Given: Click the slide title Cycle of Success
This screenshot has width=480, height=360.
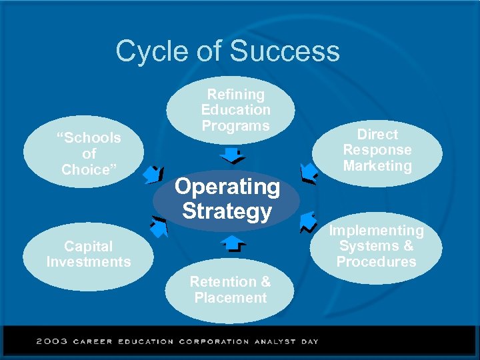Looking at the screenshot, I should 227,51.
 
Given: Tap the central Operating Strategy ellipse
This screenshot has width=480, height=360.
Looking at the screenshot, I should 227,199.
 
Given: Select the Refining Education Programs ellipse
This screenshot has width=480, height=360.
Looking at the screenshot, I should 235,110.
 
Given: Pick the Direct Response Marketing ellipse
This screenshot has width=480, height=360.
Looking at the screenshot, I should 377,151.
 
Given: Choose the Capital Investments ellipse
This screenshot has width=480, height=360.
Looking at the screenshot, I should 89,254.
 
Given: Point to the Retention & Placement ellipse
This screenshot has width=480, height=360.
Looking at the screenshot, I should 230,290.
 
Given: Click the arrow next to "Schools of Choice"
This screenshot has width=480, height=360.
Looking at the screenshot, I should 155,174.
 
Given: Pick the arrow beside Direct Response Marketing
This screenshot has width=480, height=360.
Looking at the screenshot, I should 308,173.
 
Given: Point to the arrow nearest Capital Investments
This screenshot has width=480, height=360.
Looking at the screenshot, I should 158,227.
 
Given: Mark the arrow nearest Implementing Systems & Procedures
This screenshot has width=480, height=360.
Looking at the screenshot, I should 307,222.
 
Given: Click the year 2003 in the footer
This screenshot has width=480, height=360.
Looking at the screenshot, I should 51,341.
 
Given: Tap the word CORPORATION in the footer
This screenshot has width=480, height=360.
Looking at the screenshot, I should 213,341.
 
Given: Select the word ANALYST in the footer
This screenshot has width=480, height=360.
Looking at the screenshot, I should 275,341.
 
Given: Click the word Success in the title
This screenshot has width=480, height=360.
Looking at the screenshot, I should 284,51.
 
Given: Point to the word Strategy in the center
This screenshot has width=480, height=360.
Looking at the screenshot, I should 227,211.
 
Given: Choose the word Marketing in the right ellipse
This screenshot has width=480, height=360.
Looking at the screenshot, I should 377,166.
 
